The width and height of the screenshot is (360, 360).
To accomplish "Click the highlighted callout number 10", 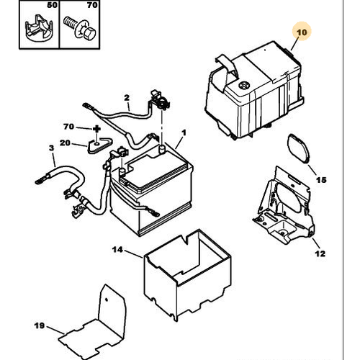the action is [x=302, y=32].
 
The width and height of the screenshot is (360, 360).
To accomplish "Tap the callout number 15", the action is [x=321, y=180].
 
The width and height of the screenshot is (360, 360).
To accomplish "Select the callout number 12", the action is [x=320, y=253].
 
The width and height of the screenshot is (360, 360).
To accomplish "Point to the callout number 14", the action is [x=117, y=250].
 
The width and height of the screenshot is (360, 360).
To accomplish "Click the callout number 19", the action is [x=40, y=325].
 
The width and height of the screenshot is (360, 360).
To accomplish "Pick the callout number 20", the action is [x=65, y=143].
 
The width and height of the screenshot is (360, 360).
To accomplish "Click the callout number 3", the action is [x=52, y=148].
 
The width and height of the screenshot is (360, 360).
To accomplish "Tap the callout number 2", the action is [x=127, y=98].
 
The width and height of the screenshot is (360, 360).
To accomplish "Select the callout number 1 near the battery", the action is [x=184, y=132].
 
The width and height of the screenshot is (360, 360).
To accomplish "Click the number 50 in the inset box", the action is [x=52, y=5].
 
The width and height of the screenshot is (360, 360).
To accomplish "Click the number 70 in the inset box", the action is [x=92, y=5].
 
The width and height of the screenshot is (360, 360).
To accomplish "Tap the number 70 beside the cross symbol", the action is [x=68, y=127].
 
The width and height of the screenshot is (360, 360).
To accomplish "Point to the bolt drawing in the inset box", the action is [x=80, y=28].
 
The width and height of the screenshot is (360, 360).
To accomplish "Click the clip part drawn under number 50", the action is [x=39, y=29].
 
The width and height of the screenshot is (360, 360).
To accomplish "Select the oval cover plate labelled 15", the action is [x=298, y=149].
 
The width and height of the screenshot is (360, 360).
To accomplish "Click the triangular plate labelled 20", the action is [x=99, y=145].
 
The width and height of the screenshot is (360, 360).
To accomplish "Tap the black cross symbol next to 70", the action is [x=96, y=129].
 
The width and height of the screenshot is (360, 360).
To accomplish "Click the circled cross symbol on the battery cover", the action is [x=244, y=85].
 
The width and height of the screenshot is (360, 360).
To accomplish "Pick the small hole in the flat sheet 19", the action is [x=107, y=300].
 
